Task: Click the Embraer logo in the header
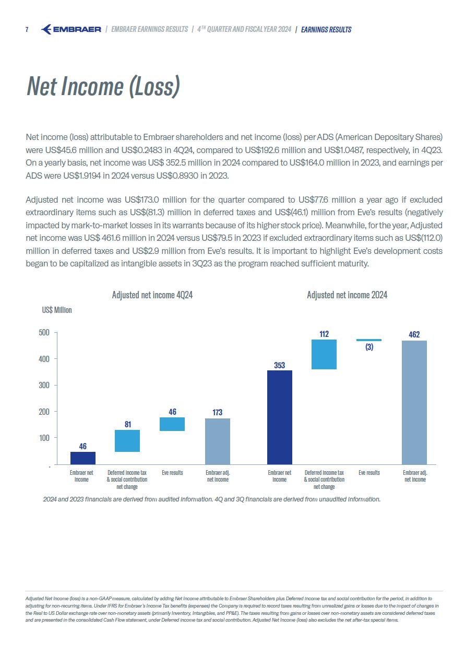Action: (71, 29)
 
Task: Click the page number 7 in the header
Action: (27, 29)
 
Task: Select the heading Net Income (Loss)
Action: (103, 87)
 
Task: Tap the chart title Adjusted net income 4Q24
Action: (152, 295)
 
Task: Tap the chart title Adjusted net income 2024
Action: (347, 295)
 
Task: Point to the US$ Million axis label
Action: (57, 310)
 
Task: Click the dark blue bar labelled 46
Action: (83, 458)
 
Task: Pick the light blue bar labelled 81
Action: (127, 441)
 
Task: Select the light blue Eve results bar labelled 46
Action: (172, 424)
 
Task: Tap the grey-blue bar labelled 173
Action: (218, 441)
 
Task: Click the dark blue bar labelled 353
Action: (280, 417)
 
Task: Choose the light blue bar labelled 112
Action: (324, 355)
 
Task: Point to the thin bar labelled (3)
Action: (369, 340)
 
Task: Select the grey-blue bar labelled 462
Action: (414, 402)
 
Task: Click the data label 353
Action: (280, 366)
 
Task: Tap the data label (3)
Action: (369, 347)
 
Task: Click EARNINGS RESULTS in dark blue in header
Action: (327, 30)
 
